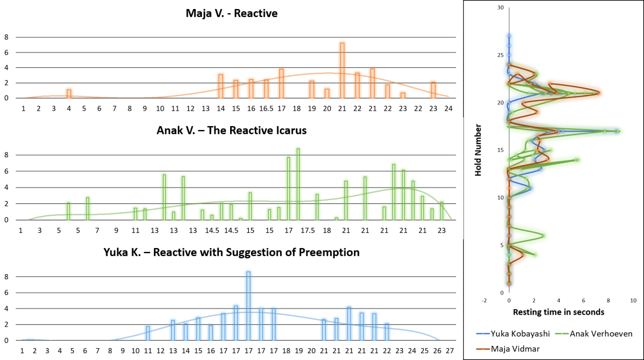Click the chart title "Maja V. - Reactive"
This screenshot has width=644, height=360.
click(232, 13)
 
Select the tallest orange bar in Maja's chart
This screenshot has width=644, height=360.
click(342, 70)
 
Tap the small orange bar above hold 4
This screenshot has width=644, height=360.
click(69, 93)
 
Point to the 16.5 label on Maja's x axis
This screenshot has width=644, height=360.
click(266, 108)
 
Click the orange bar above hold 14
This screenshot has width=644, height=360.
click(221, 86)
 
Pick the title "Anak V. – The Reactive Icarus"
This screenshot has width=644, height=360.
click(232, 131)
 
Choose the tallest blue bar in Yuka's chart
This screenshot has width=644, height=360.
click(248, 306)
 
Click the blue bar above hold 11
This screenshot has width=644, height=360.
click(148, 333)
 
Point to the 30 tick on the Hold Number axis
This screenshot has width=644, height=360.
click(500, 7)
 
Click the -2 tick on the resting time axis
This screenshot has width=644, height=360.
click(484, 301)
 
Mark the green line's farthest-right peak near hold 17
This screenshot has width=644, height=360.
click(619, 131)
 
